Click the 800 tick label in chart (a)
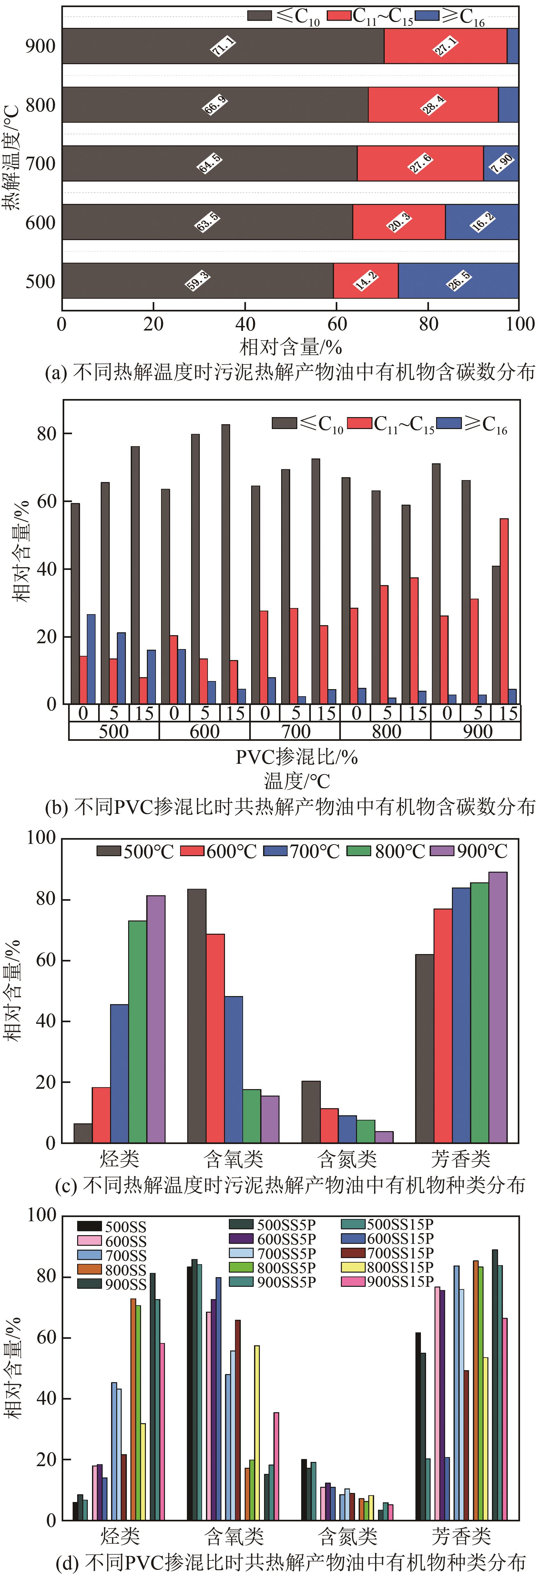click(41, 105)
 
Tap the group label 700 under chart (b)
click(295, 731)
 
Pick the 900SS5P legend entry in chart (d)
click(273, 1282)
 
